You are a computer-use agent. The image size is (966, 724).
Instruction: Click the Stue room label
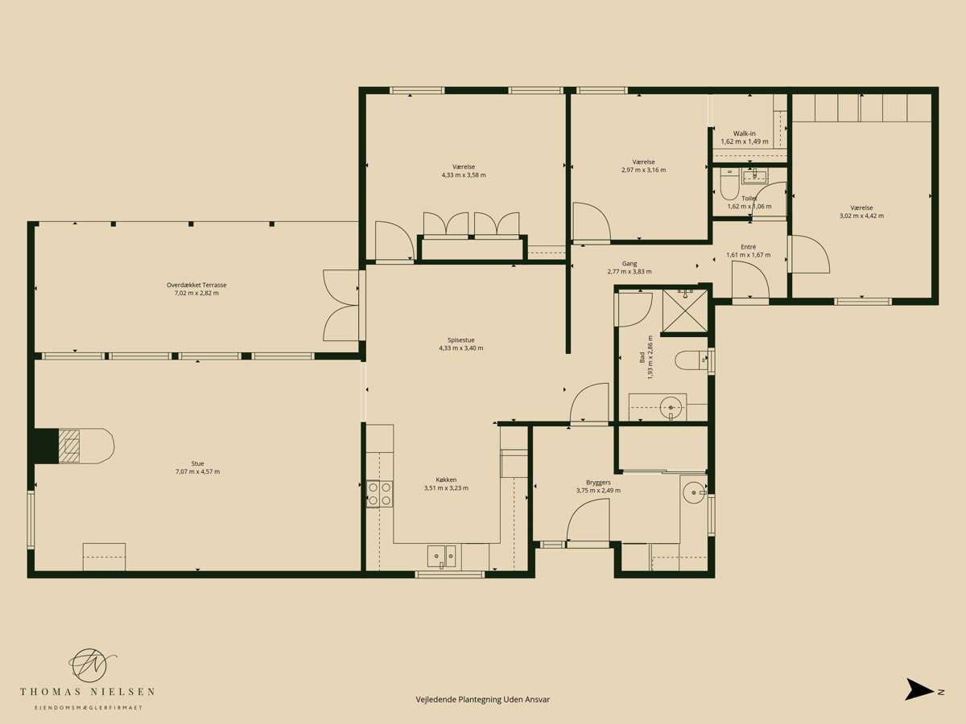(x=197, y=463)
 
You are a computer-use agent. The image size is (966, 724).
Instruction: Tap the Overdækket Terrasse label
(x=196, y=285)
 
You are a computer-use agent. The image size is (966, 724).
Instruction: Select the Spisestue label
(x=460, y=339)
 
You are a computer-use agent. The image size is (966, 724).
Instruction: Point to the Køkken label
(x=446, y=479)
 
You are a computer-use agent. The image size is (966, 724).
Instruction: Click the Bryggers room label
(x=598, y=482)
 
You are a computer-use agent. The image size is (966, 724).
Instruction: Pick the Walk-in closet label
(x=744, y=134)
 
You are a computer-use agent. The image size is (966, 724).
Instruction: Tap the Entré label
(x=748, y=247)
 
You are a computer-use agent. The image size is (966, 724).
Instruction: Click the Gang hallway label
(x=630, y=264)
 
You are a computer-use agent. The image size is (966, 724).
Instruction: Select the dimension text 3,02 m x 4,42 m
(x=861, y=216)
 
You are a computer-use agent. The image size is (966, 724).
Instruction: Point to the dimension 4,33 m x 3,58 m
(x=464, y=175)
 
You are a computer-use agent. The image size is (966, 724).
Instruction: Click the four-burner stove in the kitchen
(x=379, y=494)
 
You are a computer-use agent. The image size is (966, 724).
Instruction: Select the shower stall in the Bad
(x=685, y=310)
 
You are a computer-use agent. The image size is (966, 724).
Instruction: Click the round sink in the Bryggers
(x=695, y=492)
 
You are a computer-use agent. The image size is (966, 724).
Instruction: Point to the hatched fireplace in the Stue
(x=69, y=446)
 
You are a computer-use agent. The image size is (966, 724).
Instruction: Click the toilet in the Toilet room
(x=729, y=185)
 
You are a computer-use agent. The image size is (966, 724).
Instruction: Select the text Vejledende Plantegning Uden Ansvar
(x=483, y=699)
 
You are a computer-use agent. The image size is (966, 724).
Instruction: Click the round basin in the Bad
(x=671, y=406)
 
